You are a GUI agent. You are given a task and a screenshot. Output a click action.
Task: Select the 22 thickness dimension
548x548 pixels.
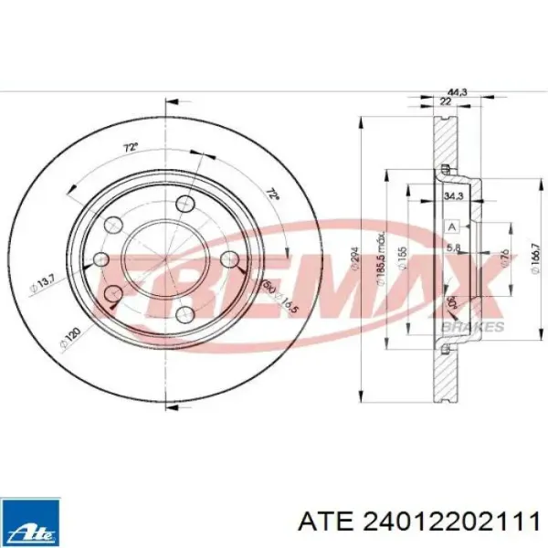pos(445,101)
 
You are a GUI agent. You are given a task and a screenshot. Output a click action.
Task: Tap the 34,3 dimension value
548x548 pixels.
pos(452,195)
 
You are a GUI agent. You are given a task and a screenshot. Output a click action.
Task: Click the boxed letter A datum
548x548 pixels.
pos(451,227)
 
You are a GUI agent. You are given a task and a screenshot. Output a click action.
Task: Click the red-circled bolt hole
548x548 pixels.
pos(114,292)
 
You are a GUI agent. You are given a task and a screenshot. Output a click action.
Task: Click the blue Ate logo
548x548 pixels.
pos(31,522)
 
